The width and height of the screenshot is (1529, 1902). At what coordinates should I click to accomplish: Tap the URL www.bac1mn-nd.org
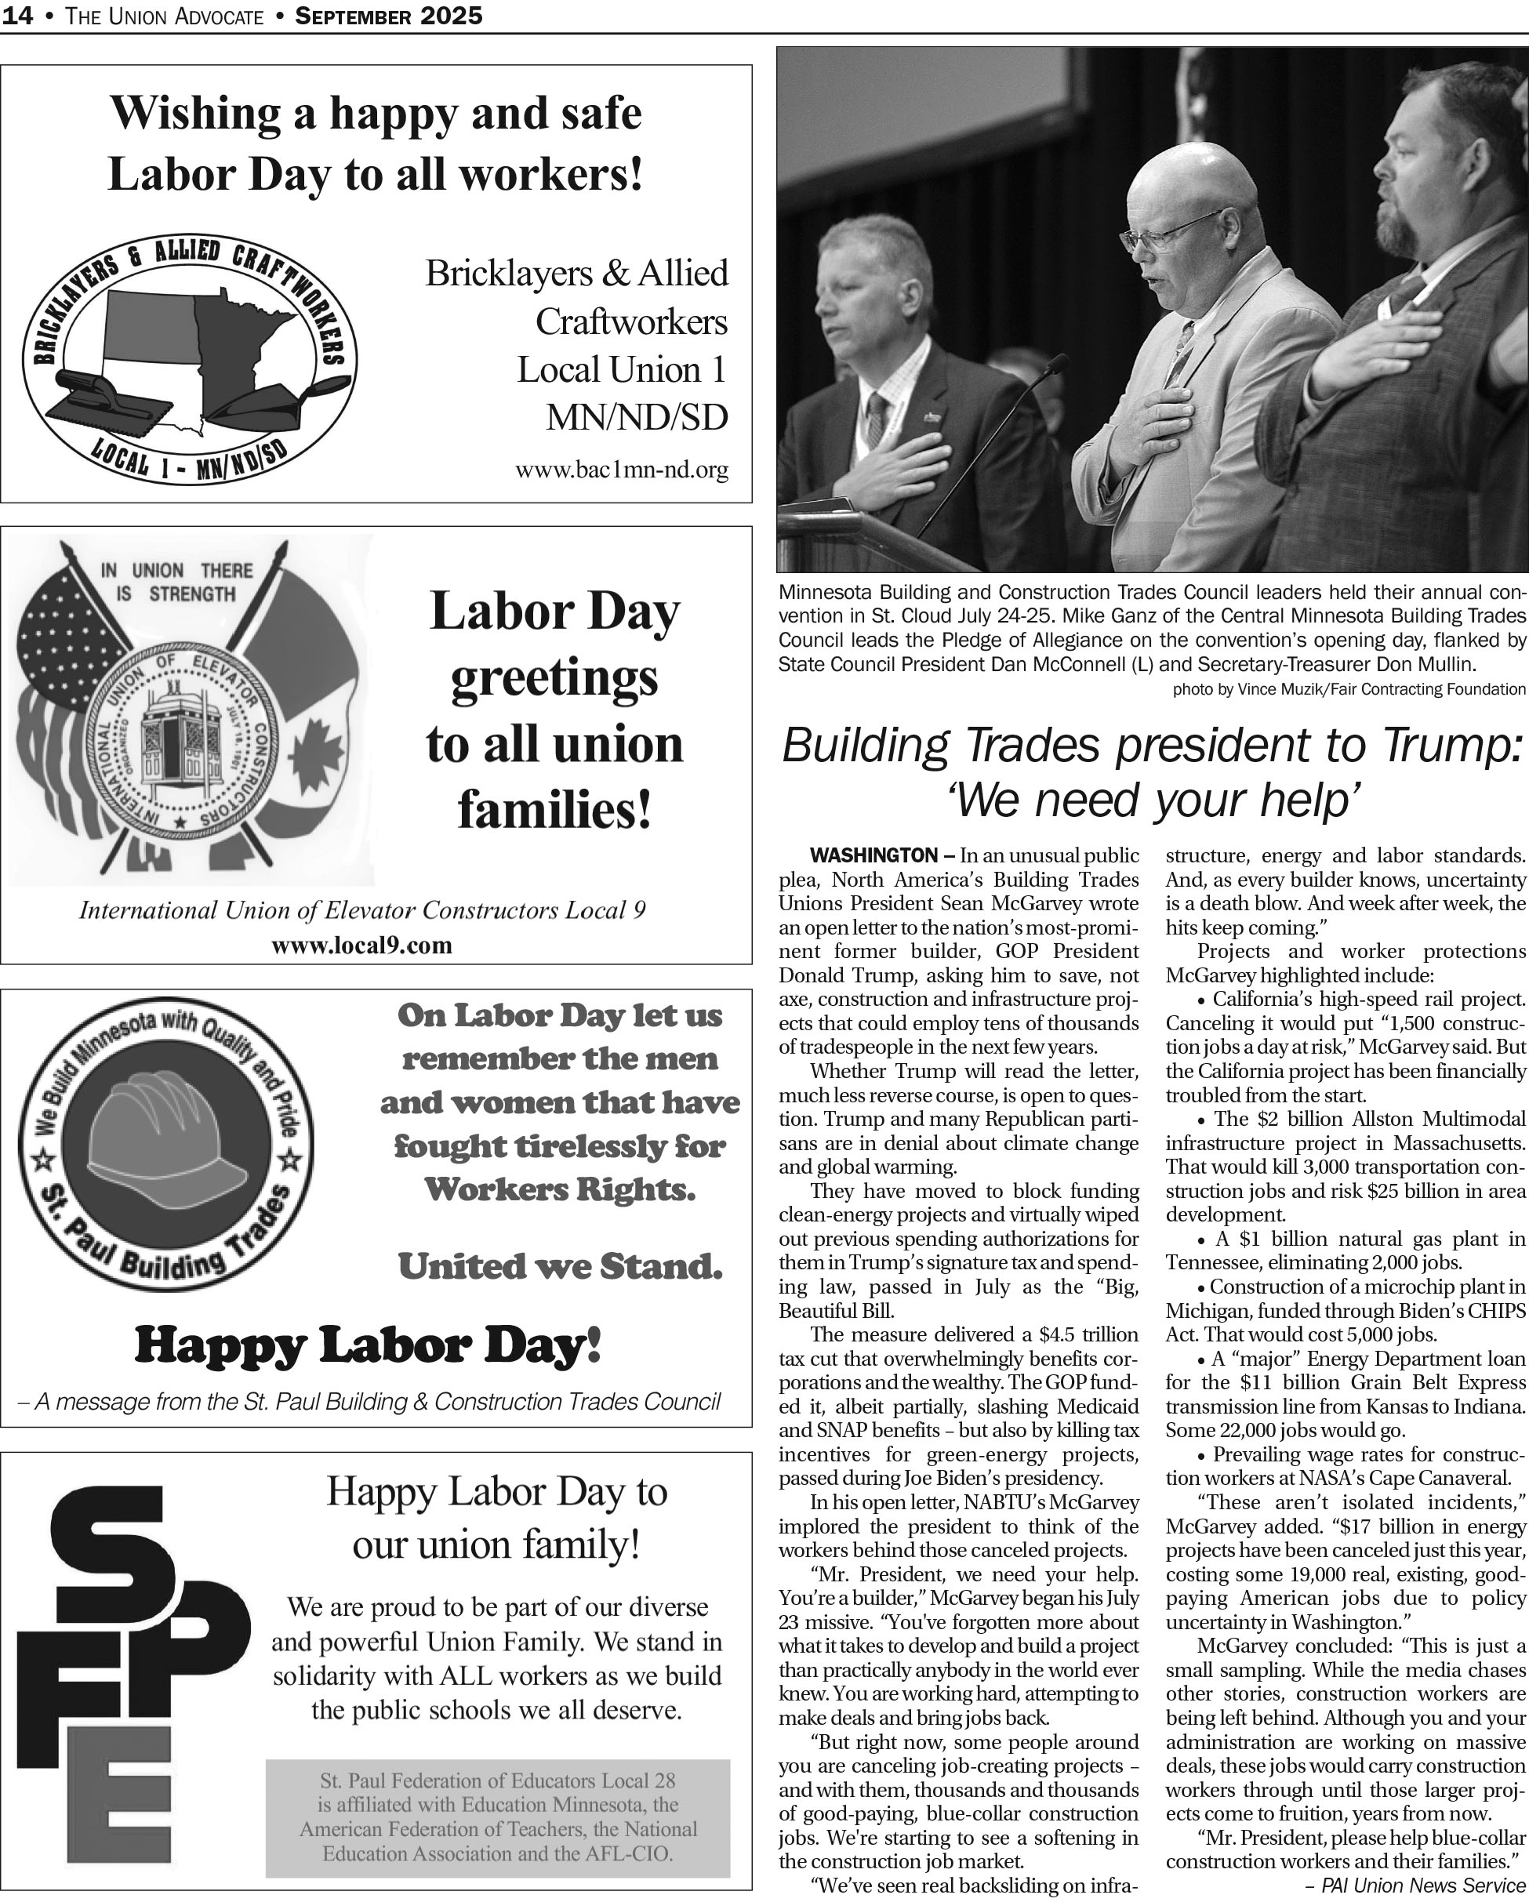pyautogui.click(x=622, y=470)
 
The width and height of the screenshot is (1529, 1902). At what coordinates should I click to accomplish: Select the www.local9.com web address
pyautogui.click(x=361, y=946)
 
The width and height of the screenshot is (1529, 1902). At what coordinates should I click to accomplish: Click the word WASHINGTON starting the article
pyautogui.click(x=873, y=855)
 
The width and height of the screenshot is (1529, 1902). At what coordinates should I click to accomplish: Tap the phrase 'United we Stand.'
pyautogui.click(x=561, y=1266)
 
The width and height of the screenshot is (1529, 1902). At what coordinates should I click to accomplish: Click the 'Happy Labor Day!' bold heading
pyautogui.click(x=368, y=1346)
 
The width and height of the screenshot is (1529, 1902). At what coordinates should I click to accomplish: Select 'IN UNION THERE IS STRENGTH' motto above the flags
pyautogui.click(x=177, y=583)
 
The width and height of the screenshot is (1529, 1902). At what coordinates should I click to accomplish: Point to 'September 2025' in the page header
pyautogui.click(x=388, y=15)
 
